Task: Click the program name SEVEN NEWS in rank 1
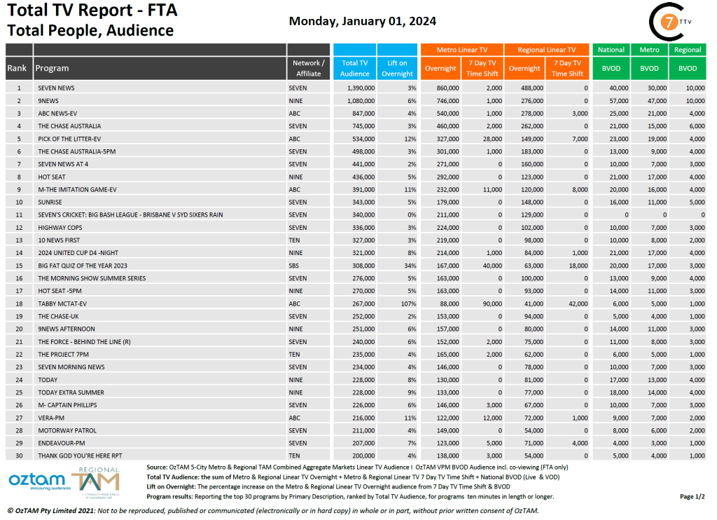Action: (x=56, y=88)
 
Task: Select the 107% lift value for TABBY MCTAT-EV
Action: (x=409, y=303)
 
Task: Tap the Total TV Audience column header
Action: (x=355, y=68)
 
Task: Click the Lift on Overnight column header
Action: (x=398, y=68)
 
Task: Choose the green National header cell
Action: (x=611, y=50)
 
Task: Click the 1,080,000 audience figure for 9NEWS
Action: (x=361, y=100)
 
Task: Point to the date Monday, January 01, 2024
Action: (x=363, y=21)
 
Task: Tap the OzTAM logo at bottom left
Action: (x=38, y=483)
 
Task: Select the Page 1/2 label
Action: (x=692, y=496)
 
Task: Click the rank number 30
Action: (x=19, y=456)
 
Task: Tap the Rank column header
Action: (x=18, y=68)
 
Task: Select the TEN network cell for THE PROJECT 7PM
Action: (x=295, y=354)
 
